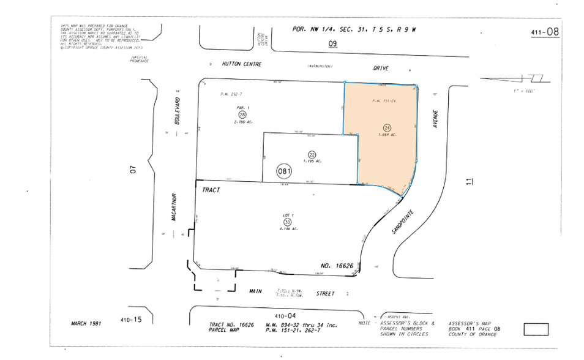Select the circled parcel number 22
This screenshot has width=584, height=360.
coord(312,154)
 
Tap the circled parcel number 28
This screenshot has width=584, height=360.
coord(242,115)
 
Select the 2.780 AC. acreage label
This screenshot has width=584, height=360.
coord(243,122)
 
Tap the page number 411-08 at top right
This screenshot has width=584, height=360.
coord(545,32)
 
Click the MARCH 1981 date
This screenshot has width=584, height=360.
coord(86,323)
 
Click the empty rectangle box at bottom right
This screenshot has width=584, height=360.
coord(536,329)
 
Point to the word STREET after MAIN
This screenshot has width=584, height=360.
coord(325,294)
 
